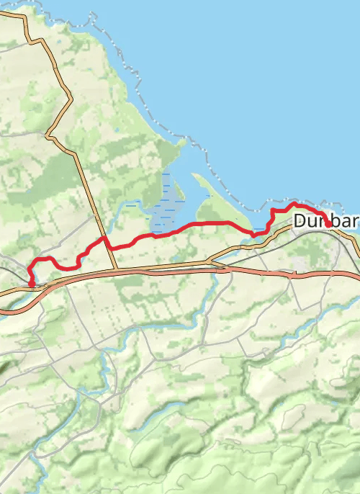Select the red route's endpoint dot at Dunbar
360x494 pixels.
point(328,224)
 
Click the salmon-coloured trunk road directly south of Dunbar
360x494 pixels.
point(324,274)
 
